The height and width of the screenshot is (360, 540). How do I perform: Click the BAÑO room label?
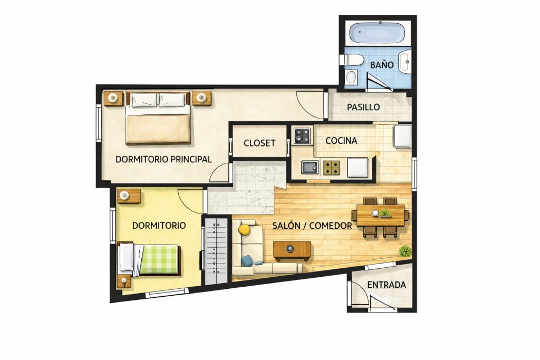(x=382, y=65)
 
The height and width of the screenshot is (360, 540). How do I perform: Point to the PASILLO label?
(x=363, y=107)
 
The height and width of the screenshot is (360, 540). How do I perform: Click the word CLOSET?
(x=259, y=143)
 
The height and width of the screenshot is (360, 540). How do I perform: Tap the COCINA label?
(x=341, y=140)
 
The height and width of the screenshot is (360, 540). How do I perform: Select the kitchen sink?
(x=310, y=167)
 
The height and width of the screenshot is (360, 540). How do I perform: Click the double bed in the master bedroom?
(x=158, y=118)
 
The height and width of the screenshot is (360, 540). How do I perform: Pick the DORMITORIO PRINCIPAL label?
(x=163, y=159)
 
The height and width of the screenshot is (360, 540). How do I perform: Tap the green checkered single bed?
(x=149, y=259)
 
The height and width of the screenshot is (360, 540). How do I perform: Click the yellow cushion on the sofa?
(x=245, y=230)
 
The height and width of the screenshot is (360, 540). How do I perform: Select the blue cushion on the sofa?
(x=247, y=261)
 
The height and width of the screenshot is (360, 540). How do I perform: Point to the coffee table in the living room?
(x=292, y=250)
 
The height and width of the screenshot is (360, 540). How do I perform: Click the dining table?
(x=380, y=216)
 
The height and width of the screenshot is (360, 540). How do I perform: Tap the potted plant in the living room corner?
(x=406, y=251)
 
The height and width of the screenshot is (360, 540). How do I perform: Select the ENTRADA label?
(x=387, y=285)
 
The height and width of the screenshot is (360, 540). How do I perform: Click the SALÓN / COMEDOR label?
(x=312, y=226)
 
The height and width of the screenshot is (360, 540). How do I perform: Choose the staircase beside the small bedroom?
(x=216, y=251)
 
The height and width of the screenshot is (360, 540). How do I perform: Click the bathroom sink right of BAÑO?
(x=405, y=62)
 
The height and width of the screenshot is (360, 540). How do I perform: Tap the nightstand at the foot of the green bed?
(x=123, y=281)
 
